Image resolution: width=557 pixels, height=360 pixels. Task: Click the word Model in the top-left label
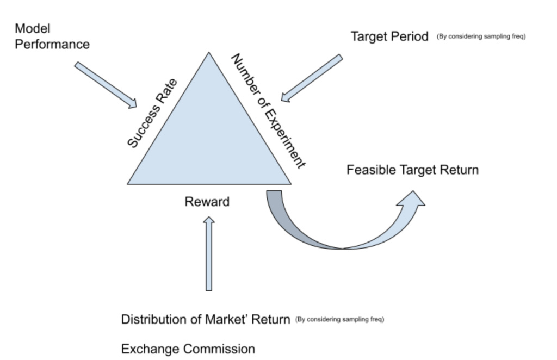coord(33,28)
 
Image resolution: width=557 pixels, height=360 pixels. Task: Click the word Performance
coord(52,44)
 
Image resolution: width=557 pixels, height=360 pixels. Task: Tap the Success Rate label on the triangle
coord(152,113)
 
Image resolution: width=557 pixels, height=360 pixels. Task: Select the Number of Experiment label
coord(266,111)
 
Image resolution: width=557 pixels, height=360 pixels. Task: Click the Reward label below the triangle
coord(207,202)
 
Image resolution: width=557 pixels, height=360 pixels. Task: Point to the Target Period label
coord(389,37)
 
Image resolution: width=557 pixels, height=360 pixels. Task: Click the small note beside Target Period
coord(481,38)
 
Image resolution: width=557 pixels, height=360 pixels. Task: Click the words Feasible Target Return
coord(412,170)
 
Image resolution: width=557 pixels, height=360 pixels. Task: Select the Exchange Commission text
coord(188,349)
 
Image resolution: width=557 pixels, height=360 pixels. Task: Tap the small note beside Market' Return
coord(339,320)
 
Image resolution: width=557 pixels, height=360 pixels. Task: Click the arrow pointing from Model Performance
coord(106,85)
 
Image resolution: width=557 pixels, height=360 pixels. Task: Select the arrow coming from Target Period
coord(312,78)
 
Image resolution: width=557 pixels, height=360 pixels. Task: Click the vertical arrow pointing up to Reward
coord(208,253)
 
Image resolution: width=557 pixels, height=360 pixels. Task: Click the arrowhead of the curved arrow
coord(411,201)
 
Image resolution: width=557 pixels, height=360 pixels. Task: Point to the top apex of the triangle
coord(208,53)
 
